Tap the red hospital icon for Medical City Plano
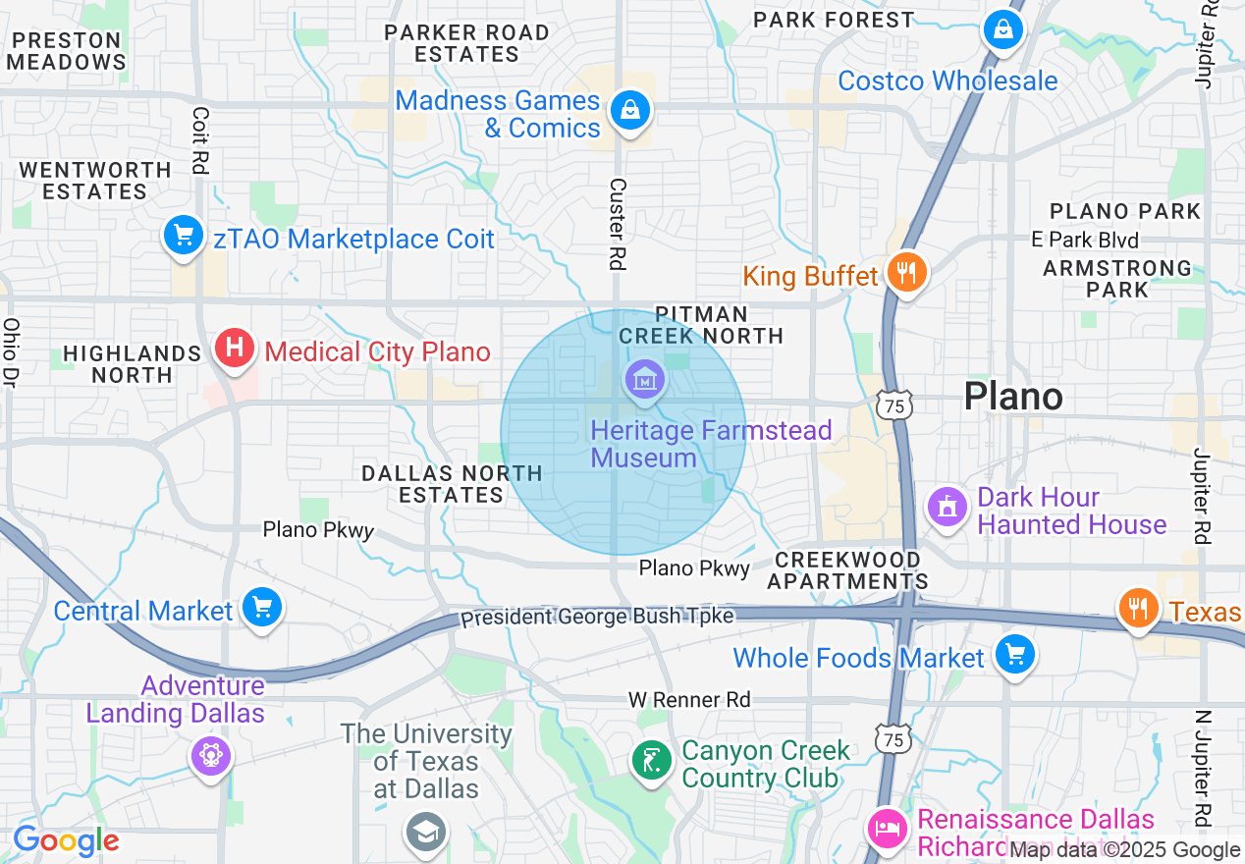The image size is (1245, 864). click(234, 349)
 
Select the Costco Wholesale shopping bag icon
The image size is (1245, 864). click(1003, 30)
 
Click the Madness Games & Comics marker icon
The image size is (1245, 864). click(628, 110)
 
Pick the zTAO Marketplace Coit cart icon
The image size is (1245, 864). click(183, 236)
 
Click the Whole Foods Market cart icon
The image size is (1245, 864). click(1014, 654)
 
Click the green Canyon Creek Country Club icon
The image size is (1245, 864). click(650, 761)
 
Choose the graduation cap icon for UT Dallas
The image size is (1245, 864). click(427, 832)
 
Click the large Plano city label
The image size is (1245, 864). click(1013, 397)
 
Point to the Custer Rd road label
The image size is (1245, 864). click(618, 224)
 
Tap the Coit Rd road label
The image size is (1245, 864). click(200, 141)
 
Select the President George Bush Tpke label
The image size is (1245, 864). click(597, 618)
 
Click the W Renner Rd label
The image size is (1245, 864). click(689, 700)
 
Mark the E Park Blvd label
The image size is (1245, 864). click(1085, 240)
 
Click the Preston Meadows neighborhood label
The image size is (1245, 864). click(68, 51)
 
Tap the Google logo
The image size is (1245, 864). click(66, 840)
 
